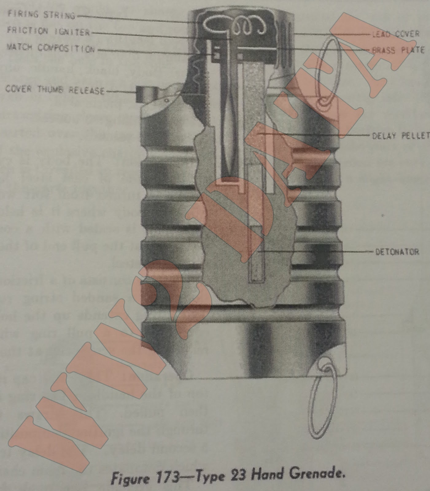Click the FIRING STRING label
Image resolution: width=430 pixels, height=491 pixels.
41,14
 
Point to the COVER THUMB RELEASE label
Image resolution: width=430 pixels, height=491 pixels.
55,90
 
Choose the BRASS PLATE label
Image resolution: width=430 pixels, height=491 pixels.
398,50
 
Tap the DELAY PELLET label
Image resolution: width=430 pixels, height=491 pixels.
401,136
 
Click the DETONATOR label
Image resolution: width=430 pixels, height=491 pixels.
397,252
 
